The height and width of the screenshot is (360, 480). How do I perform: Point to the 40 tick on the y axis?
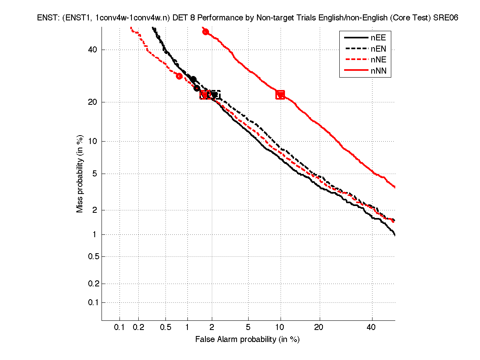(x=93, y=50)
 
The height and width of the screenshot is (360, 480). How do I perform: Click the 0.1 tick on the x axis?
(x=120, y=328)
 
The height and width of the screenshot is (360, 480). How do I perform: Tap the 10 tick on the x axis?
(x=280, y=328)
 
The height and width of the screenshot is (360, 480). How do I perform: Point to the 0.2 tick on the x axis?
(x=138, y=328)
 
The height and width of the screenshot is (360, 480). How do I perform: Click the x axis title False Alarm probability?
(x=247, y=340)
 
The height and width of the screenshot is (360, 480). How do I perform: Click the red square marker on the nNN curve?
(x=280, y=95)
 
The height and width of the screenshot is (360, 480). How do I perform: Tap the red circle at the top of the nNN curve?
(x=205, y=32)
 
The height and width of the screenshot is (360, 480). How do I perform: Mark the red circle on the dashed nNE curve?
(x=179, y=76)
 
